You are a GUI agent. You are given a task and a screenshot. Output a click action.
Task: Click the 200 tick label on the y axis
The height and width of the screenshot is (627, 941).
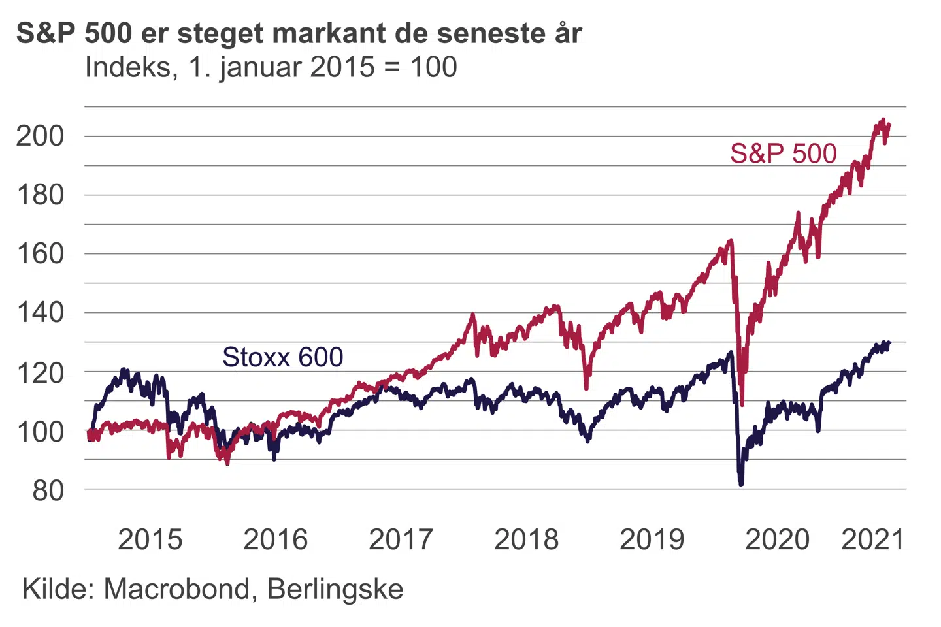click(41, 137)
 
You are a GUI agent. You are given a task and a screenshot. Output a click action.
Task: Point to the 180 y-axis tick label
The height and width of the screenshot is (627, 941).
click(41, 195)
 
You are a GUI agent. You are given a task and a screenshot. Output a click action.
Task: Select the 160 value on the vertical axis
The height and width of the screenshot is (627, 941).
click(41, 254)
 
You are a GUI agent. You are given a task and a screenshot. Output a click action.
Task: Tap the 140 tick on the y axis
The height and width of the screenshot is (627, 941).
click(41, 313)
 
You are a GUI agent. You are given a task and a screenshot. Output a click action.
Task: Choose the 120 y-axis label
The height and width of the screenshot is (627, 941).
click(41, 373)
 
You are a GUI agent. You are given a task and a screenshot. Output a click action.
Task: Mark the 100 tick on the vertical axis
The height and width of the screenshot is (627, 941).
click(41, 432)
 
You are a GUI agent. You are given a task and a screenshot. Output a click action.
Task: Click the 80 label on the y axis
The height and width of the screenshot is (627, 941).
click(48, 490)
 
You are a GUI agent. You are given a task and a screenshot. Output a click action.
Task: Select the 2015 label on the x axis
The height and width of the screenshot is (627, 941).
click(150, 540)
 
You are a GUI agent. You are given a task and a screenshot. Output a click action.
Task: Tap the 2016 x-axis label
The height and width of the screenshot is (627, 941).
click(275, 540)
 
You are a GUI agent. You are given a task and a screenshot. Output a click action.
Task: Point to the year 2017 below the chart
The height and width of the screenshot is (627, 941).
click(401, 540)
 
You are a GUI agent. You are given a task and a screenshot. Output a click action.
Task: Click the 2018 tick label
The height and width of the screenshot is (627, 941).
click(526, 540)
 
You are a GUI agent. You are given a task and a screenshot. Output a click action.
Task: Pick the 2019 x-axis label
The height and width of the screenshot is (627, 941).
click(652, 540)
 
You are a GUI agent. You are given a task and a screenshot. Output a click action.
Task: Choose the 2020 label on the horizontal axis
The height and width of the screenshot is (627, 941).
click(777, 540)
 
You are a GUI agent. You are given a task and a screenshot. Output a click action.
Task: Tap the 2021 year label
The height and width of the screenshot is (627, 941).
click(873, 540)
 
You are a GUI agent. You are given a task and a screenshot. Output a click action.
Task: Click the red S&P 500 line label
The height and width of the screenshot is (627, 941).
click(783, 154)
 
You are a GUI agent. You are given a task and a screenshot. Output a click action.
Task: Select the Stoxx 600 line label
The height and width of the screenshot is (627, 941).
click(282, 357)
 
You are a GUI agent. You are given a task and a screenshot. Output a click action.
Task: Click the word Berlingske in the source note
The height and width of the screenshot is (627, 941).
click(335, 590)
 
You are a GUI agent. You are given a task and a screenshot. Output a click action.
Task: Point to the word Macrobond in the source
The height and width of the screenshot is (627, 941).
click(176, 590)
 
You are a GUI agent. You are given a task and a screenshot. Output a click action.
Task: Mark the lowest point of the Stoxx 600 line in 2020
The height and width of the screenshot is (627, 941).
click(741, 484)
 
